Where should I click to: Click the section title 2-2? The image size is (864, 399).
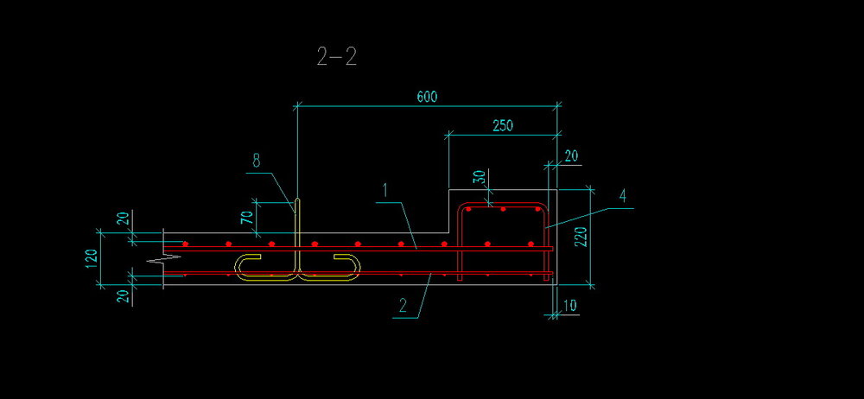(336, 57)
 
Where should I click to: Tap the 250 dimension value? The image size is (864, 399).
(503, 125)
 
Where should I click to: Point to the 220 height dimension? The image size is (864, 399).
(581, 236)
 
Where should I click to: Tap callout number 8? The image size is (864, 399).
(257, 160)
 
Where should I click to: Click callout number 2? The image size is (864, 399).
(403, 304)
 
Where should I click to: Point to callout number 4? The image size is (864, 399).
(623, 196)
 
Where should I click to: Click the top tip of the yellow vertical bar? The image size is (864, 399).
(296, 200)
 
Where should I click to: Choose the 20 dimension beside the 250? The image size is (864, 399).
(571, 155)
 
